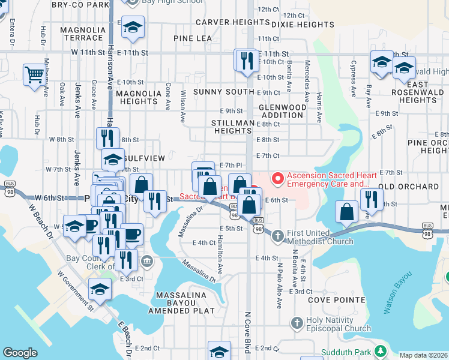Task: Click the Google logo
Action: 20,353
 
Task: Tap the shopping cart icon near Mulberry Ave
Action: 34,75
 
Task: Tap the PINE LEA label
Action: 193,38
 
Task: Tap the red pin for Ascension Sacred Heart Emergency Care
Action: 277,178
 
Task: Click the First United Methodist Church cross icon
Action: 277,236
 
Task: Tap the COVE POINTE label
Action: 336,299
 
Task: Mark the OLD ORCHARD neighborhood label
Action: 408,187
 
